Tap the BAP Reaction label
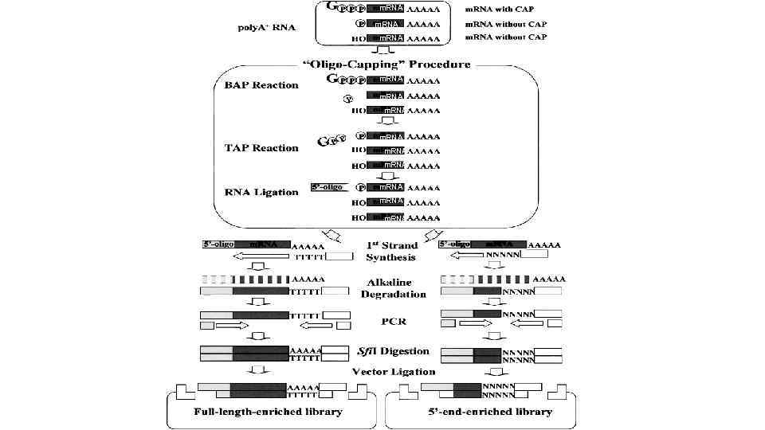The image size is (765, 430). point(261,85)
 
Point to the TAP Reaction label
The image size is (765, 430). point(261,148)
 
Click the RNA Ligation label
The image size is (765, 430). point(261,192)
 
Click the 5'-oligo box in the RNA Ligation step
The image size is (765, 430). point(331,189)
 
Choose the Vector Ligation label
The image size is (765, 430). point(394,371)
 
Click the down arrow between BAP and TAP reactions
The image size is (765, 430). point(386,122)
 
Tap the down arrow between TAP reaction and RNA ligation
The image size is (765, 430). point(386,176)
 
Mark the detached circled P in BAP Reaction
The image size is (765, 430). point(347,100)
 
